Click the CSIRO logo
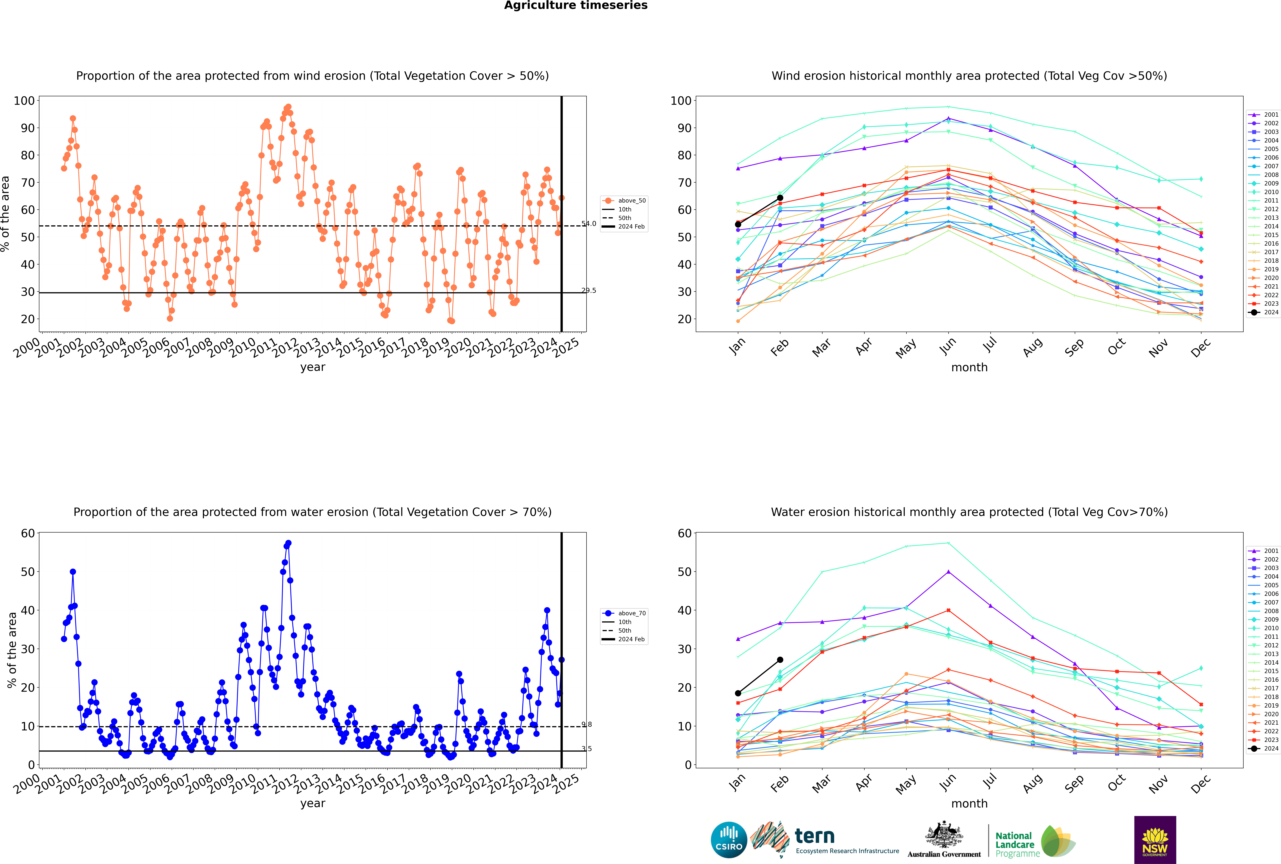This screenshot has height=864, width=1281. pyautogui.click(x=729, y=840)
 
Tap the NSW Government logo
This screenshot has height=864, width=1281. pyautogui.click(x=1155, y=839)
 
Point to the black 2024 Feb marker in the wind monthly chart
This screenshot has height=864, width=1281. pyautogui.click(x=780, y=198)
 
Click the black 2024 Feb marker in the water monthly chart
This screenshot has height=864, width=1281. pyautogui.click(x=780, y=660)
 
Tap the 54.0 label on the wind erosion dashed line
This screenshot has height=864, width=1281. pyautogui.click(x=589, y=224)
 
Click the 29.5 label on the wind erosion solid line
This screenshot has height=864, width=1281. pyautogui.click(x=589, y=290)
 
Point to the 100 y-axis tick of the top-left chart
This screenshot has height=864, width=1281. pyautogui.click(x=24, y=101)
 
